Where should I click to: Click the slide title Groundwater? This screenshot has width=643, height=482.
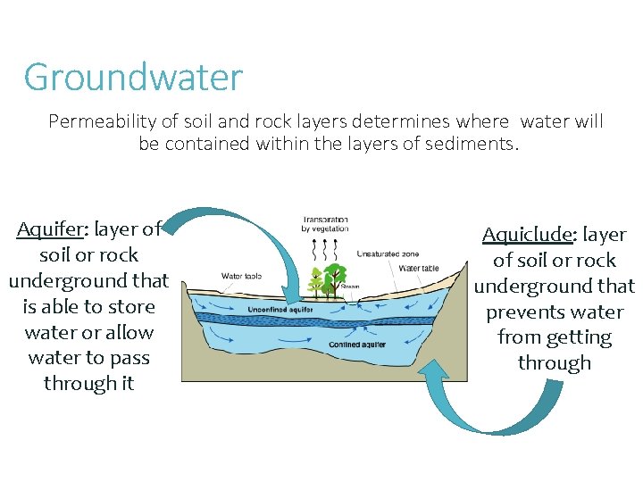pyautogui.click(x=133, y=78)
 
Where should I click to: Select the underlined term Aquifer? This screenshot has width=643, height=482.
pyautogui.click(x=50, y=229)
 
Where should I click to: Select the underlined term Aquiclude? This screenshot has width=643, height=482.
pyautogui.click(x=526, y=235)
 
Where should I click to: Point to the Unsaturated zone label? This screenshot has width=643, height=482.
pyautogui.click(x=388, y=254)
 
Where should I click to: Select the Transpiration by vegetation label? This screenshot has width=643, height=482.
pyautogui.click(x=325, y=224)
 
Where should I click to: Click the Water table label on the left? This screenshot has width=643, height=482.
pyautogui.click(x=241, y=276)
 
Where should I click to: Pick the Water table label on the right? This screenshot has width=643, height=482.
pyautogui.click(x=418, y=269)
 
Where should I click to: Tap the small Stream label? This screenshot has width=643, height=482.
pyautogui.click(x=350, y=287)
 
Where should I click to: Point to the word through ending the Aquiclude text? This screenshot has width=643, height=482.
pyautogui.click(x=554, y=363)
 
